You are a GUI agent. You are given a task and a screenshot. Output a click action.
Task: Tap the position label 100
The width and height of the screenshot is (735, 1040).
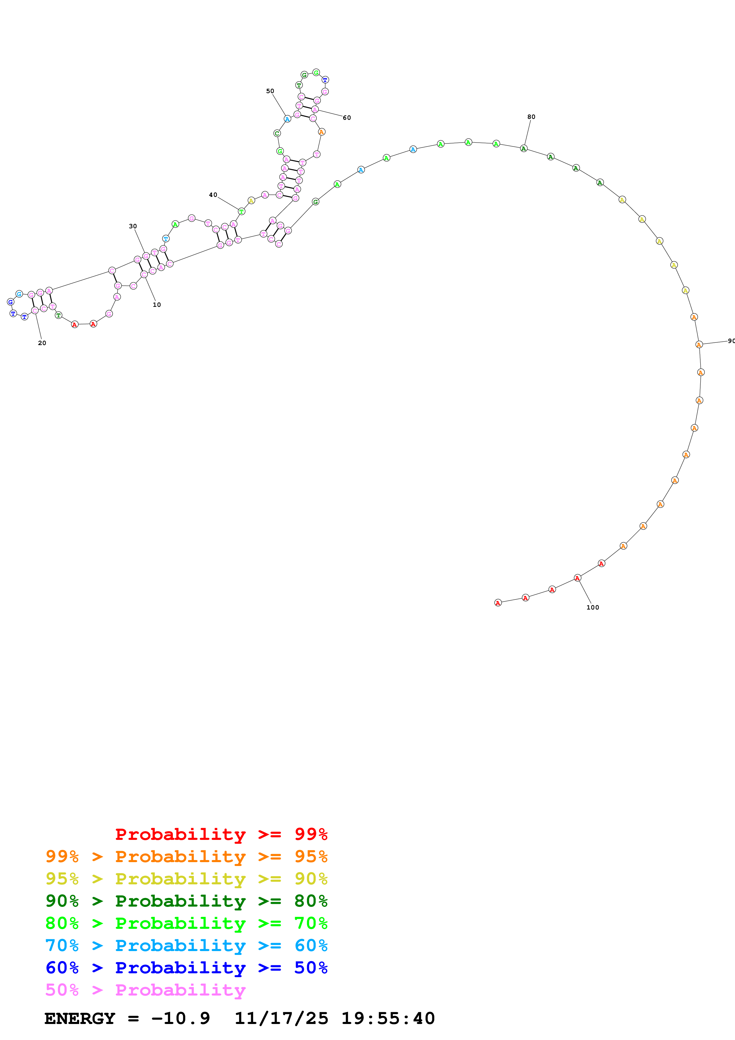[x=592, y=607]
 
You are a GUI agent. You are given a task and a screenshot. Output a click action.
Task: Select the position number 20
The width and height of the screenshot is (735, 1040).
[x=42, y=343]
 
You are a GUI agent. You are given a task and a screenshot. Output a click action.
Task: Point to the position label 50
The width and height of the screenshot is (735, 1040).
[x=270, y=91]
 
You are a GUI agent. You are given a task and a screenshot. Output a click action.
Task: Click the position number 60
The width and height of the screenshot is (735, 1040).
[x=346, y=118]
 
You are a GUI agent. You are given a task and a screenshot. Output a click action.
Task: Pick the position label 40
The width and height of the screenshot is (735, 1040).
[x=213, y=195]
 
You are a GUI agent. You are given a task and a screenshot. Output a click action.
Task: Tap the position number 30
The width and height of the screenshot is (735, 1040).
[x=133, y=226]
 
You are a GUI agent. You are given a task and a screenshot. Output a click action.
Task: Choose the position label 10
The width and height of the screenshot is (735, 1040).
[x=157, y=305]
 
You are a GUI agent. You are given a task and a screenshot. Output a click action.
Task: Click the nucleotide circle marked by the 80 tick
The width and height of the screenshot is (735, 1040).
[x=524, y=149]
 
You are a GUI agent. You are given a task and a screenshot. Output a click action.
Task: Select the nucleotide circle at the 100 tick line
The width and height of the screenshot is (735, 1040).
[x=577, y=578]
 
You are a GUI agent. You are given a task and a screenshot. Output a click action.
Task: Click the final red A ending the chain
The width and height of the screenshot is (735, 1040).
[x=498, y=603]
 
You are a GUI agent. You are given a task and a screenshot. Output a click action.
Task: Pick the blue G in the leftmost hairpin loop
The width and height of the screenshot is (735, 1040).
[x=10, y=302]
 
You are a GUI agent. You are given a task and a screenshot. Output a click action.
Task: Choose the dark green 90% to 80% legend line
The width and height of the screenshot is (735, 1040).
[x=186, y=901]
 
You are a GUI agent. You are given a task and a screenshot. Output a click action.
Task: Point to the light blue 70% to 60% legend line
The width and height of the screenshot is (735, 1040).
[x=186, y=945]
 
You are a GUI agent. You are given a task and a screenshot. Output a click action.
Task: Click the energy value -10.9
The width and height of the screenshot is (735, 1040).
[x=181, y=1018]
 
